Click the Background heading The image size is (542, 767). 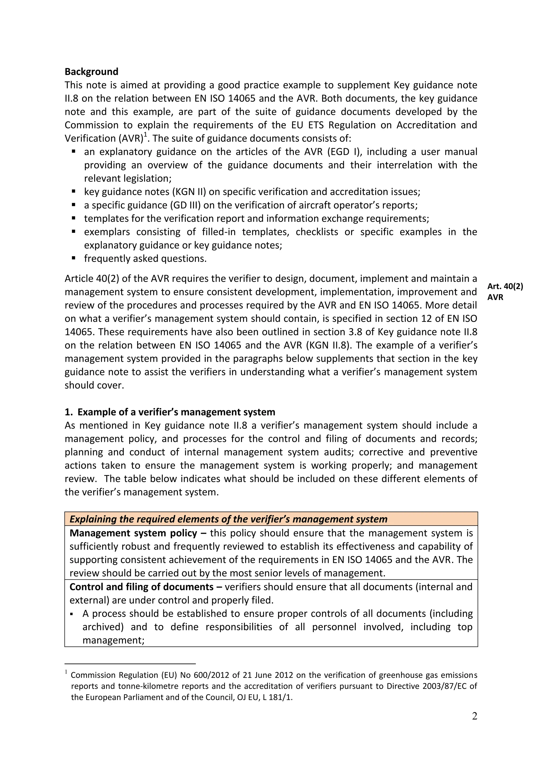click(91, 71)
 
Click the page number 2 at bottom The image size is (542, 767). click(475, 716)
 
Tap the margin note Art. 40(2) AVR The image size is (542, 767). click(505, 292)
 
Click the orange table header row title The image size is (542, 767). click(228, 519)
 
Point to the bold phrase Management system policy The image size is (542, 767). click(133, 533)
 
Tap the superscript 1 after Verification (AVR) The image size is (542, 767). click(145, 135)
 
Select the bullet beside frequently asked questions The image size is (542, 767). click(74, 258)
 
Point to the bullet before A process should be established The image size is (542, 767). click(72, 614)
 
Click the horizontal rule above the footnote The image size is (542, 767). click(130, 664)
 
